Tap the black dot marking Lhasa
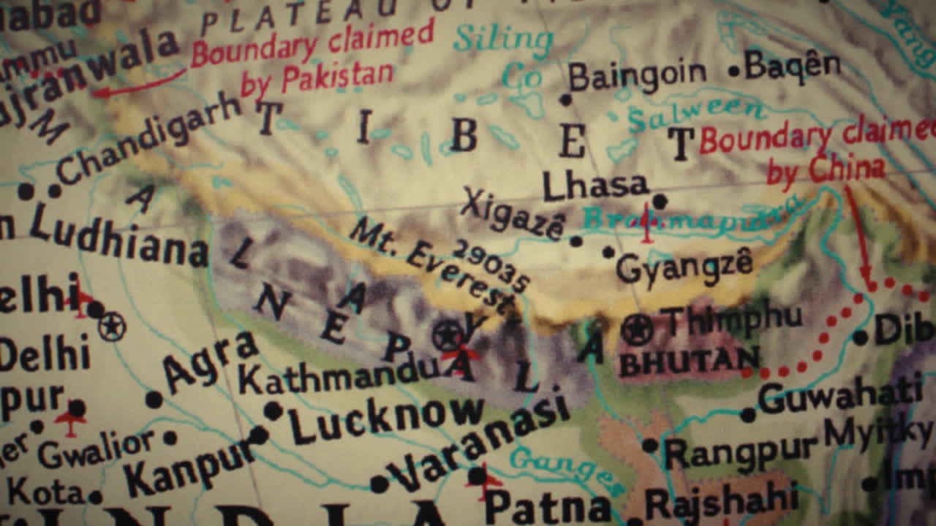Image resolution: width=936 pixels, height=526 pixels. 660,201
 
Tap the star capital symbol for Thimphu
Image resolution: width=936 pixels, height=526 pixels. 637,329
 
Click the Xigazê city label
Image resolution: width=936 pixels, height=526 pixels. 513,212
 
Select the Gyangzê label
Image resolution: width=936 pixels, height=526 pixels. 684,266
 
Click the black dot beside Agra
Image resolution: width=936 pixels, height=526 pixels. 154,399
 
